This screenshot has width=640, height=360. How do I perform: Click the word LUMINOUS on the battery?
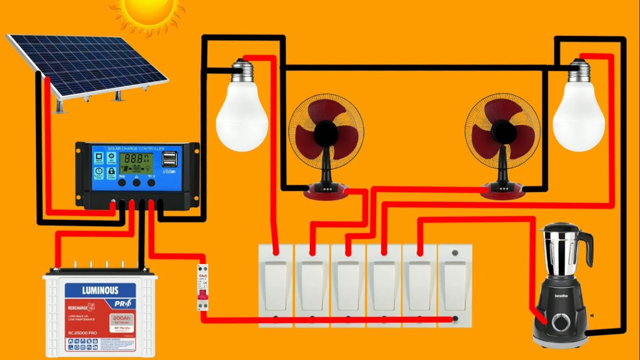coord(100,290)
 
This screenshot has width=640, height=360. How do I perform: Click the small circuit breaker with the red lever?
coord(202,287)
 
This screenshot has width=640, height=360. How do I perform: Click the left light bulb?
coord(242,117)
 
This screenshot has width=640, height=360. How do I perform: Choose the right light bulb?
coord(579,117)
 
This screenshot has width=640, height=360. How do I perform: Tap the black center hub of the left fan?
coord(326,131)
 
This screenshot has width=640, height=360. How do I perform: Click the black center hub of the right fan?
coord(502,131)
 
